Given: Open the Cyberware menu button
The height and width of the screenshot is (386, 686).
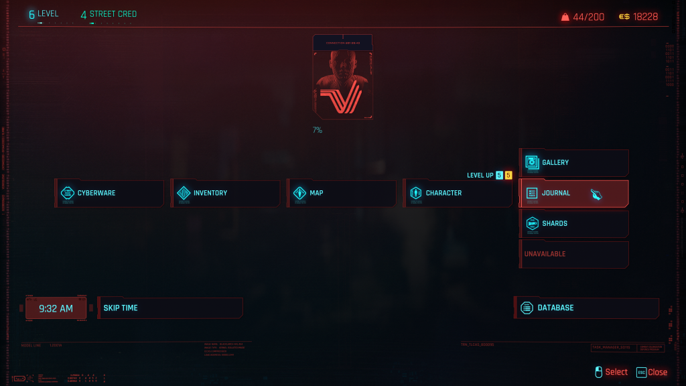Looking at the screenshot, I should click(x=109, y=193).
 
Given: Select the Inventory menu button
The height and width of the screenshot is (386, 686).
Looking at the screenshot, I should click(x=225, y=193).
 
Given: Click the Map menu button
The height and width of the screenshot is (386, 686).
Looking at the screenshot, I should click(x=342, y=193).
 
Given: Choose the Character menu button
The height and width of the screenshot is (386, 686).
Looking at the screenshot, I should click(x=458, y=193).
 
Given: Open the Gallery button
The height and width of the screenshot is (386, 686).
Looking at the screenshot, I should click(x=573, y=162).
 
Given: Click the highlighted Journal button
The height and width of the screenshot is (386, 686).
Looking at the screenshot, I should click(x=573, y=193).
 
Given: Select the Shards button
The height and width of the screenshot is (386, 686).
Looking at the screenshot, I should click(x=573, y=223).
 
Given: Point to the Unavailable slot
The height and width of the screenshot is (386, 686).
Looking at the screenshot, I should click(x=573, y=254).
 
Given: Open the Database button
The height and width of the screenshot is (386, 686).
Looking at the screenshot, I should click(x=586, y=308).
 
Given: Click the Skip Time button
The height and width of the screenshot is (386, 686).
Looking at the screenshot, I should click(x=169, y=308).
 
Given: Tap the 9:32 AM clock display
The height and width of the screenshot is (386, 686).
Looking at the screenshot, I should click(x=56, y=308).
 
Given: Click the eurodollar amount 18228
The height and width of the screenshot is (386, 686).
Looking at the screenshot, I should click(x=645, y=17).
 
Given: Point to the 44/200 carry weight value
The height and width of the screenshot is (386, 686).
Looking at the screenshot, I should click(x=588, y=17).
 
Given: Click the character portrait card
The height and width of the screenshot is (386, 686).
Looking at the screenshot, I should click(x=342, y=77).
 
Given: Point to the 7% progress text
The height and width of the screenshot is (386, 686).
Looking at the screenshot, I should click(x=317, y=130).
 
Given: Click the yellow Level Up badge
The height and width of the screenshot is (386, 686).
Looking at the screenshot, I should click(x=508, y=176).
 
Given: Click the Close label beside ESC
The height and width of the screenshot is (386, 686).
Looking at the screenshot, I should click(x=657, y=372).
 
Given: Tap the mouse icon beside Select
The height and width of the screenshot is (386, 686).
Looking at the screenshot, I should click(x=599, y=372).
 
